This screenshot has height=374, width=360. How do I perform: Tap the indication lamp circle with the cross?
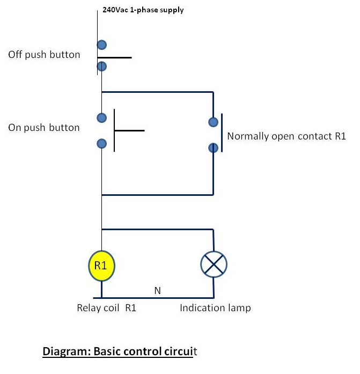[x=214, y=265]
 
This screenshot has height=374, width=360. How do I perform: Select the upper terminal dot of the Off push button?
[x=101, y=45]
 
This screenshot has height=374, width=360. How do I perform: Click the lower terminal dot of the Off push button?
[x=101, y=67]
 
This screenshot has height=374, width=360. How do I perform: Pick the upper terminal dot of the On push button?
[x=101, y=118]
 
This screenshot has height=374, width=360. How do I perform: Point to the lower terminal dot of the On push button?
[x=101, y=143]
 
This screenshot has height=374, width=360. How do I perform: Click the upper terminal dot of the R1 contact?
[x=214, y=122]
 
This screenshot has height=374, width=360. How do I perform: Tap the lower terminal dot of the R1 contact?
[x=214, y=147]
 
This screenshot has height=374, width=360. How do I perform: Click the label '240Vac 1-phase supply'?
[x=143, y=10]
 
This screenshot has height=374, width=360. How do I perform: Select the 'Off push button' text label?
[x=44, y=55]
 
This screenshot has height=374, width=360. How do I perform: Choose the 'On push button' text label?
[x=44, y=128]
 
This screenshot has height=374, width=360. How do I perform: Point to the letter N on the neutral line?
[x=158, y=291]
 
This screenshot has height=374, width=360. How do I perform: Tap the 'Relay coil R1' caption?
[x=107, y=308]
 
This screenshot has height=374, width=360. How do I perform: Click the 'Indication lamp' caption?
[x=215, y=308]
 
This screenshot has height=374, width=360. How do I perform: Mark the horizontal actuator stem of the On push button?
[x=129, y=130]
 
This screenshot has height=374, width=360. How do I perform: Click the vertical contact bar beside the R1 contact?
[x=222, y=133]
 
